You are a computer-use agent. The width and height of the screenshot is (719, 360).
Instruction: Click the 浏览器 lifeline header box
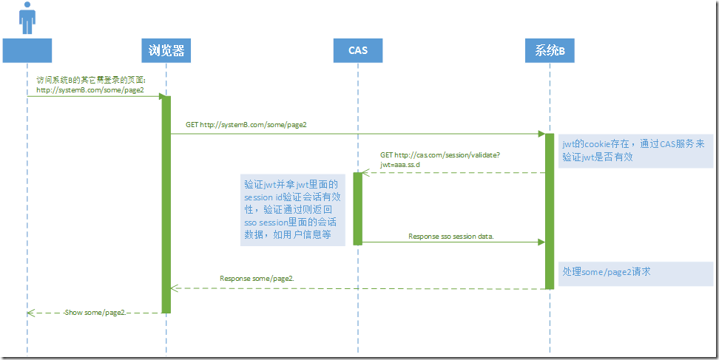point(166,50)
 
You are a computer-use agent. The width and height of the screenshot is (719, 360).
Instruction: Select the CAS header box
point(357,50)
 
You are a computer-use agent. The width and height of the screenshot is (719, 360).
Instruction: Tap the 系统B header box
point(550,50)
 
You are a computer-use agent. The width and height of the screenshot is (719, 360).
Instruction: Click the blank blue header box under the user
point(27,50)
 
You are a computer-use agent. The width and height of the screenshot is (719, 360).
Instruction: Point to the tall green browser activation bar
point(166,203)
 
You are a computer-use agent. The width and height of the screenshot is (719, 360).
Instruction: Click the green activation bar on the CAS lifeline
point(357,208)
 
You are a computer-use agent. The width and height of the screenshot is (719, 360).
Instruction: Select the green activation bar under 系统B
point(550,211)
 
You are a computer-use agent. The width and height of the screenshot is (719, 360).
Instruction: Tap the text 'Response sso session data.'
point(450,236)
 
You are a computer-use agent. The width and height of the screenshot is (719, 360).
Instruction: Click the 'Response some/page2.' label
point(257,279)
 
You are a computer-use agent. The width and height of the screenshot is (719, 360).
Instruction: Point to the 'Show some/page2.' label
point(96,313)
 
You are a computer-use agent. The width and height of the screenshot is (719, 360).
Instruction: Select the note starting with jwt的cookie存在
point(635,151)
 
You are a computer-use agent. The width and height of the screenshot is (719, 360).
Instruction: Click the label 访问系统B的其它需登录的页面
point(92,79)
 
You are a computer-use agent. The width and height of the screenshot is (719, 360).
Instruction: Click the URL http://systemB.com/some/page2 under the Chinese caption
point(90,89)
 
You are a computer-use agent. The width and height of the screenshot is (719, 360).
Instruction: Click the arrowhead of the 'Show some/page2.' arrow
point(30,313)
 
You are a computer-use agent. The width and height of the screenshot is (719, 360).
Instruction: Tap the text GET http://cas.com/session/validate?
point(440,155)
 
